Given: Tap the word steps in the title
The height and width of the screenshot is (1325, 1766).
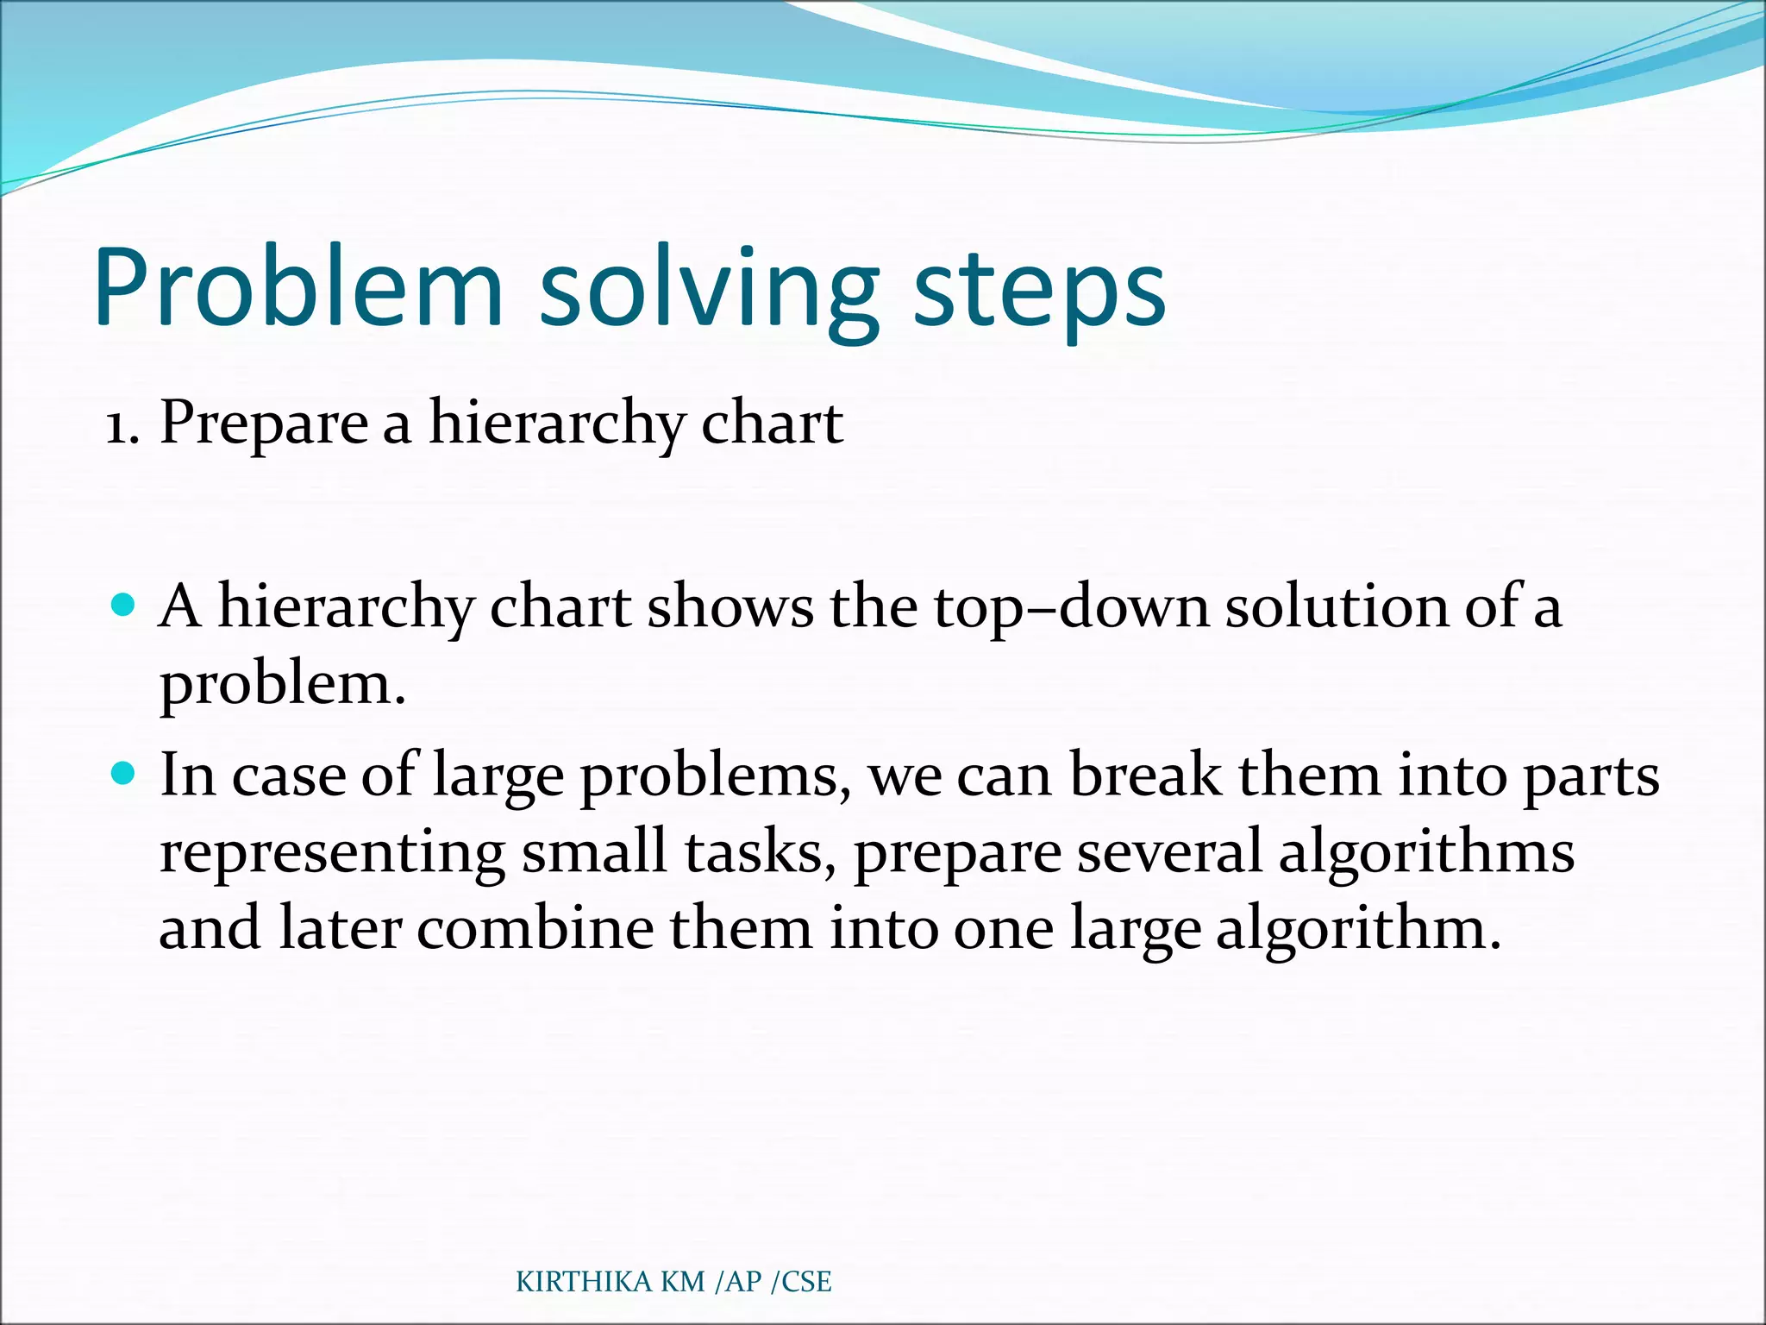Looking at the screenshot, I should (1039, 293).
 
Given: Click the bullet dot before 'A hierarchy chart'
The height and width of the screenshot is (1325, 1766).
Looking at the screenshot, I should (124, 605).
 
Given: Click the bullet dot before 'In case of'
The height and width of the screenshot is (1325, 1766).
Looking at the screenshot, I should (124, 773).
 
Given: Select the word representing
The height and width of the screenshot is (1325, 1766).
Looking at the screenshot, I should (332, 852).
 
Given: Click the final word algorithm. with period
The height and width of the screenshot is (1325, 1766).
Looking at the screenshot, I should (1358, 930).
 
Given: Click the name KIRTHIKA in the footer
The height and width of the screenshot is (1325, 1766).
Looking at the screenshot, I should (584, 1282).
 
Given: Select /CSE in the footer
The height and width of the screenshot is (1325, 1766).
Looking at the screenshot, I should (801, 1282).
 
